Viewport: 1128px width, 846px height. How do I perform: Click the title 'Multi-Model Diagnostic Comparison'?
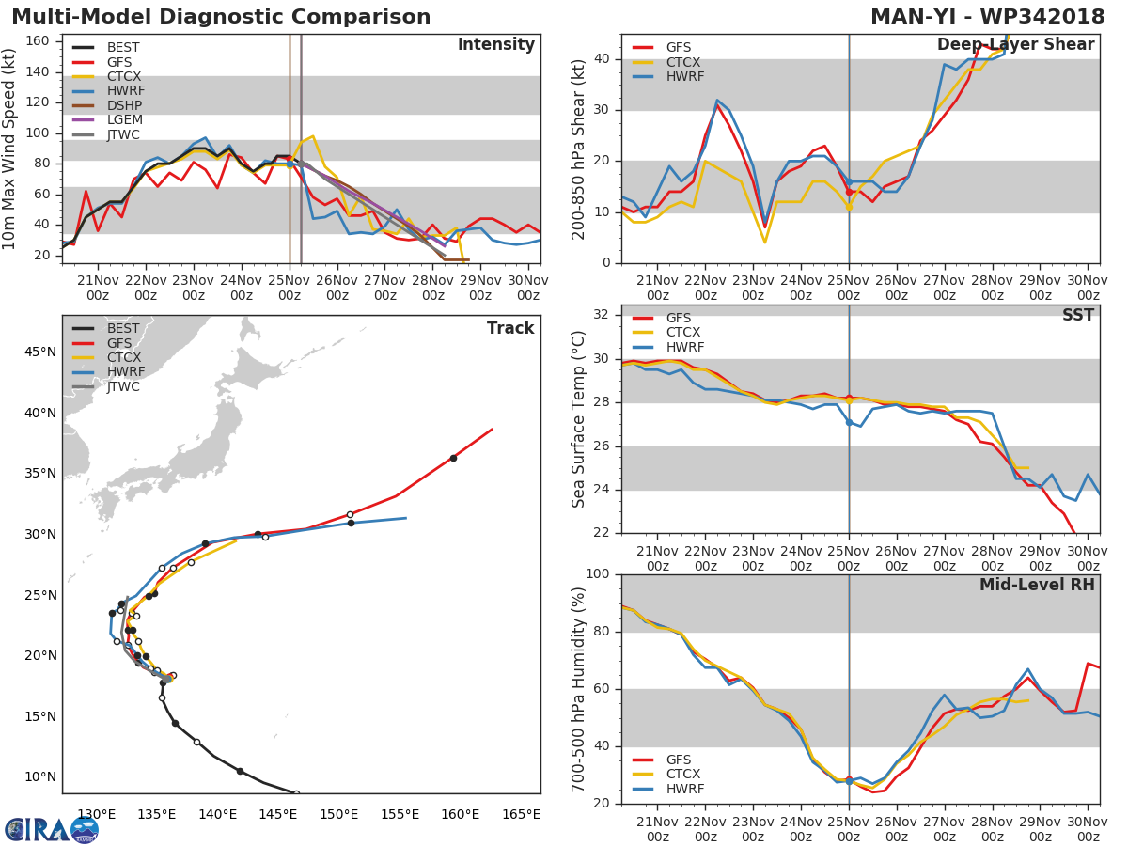(x=221, y=17)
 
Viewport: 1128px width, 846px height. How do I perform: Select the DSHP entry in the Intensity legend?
(x=123, y=105)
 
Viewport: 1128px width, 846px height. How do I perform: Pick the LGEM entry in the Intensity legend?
(x=123, y=120)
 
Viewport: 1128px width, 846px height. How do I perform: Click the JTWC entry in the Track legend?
(x=123, y=387)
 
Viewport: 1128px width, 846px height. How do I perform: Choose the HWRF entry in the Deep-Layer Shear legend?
(x=684, y=76)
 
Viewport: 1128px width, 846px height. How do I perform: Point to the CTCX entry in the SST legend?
(x=682, y=333)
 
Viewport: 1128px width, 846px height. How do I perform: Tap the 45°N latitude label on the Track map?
(x=39, y=352)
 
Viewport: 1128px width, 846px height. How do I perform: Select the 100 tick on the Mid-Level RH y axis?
(x=596, y=574)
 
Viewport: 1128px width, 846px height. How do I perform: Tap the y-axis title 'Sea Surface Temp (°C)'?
(x=579, y=419)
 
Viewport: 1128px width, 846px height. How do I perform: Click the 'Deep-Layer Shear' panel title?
(x=1015, y=45)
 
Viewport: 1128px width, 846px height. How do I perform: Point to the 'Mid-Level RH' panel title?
(x=1037, y=585)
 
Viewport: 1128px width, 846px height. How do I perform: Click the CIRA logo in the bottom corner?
(x=52, y=829)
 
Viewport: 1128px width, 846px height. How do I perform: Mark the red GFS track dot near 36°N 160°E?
(x=453, y=458)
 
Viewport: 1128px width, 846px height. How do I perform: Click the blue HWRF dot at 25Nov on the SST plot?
(x=849, y=422)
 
